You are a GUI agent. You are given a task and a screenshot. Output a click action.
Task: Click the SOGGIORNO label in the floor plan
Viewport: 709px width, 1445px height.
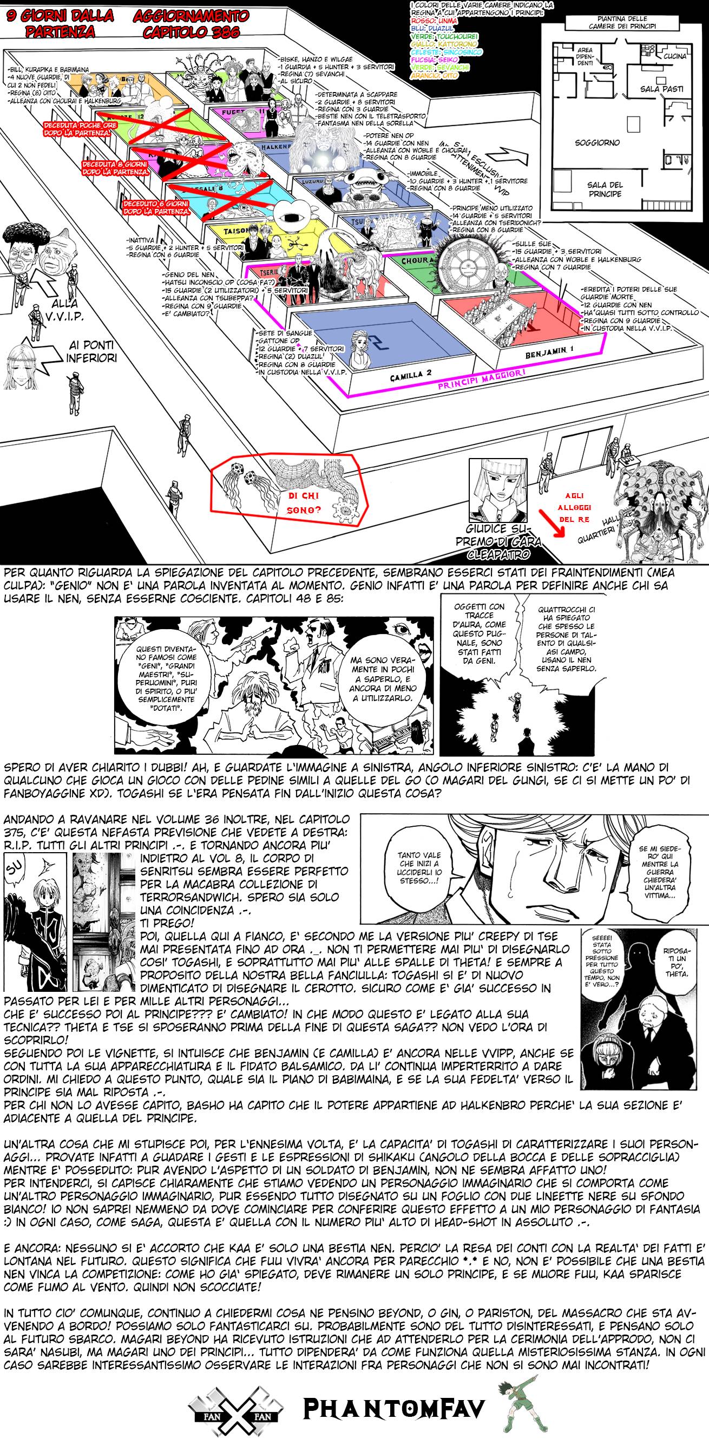click(x=597, y=142)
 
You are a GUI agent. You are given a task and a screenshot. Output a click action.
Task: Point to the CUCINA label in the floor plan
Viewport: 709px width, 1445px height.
click(x=675, y=56)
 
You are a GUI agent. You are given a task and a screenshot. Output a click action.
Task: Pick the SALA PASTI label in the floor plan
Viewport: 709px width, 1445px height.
click(x=660, y=89)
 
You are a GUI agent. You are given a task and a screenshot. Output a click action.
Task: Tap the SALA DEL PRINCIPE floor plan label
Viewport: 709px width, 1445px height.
click(x=605, y=189)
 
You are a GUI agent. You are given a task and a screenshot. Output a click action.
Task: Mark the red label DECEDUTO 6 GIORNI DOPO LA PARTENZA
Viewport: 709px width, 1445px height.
click(x=157, y=207)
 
